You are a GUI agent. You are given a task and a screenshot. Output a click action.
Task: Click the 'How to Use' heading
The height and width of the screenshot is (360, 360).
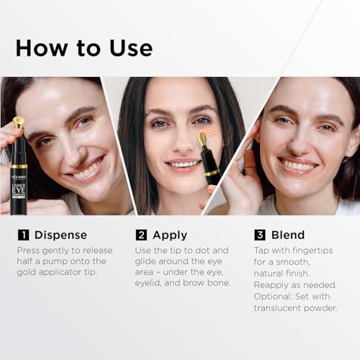tap(84, 48)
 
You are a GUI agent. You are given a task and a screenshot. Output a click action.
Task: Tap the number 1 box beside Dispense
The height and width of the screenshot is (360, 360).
tap(22, 235)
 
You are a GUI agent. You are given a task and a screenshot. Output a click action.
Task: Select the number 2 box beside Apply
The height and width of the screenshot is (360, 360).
tap(142, 235)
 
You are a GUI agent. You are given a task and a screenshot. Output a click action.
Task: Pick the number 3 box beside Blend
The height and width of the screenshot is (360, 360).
tap(259, 235)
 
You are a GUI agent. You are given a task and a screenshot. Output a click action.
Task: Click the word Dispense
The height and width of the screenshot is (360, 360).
tap(61, 235)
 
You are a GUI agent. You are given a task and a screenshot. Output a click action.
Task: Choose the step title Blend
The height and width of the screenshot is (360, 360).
tap(288, 235)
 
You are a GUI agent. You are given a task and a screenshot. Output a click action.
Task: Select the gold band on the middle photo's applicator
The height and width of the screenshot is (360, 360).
tap(212, 173)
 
